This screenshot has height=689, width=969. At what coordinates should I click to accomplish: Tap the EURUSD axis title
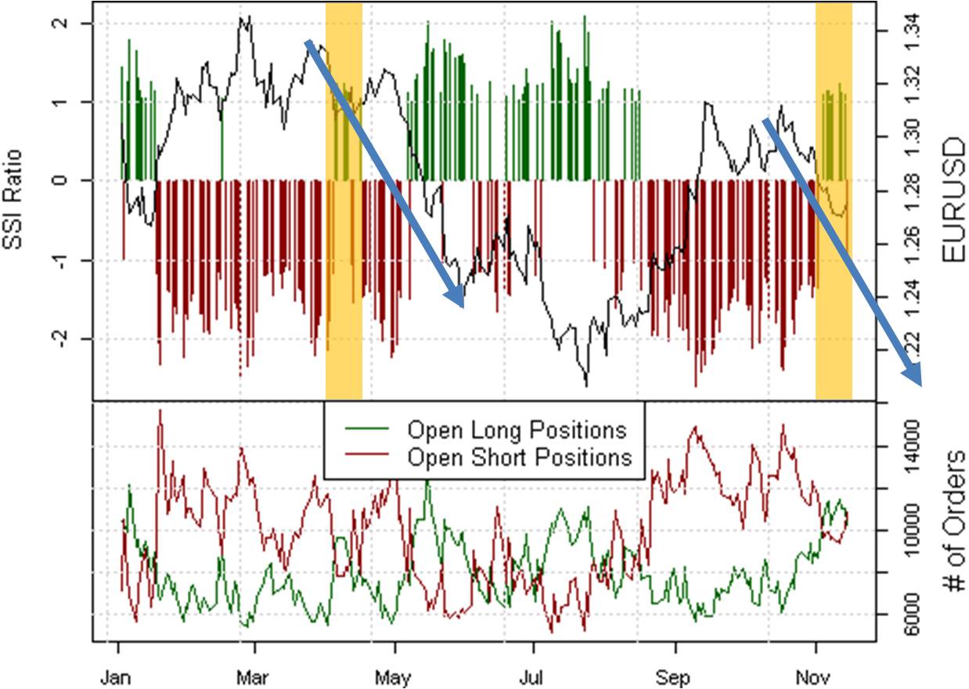953,200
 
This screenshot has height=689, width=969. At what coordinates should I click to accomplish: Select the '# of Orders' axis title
953,521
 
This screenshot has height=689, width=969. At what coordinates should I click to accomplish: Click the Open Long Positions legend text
517,430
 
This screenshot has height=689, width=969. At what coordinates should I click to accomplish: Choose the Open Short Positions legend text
520,456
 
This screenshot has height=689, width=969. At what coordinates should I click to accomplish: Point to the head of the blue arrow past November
918,380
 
